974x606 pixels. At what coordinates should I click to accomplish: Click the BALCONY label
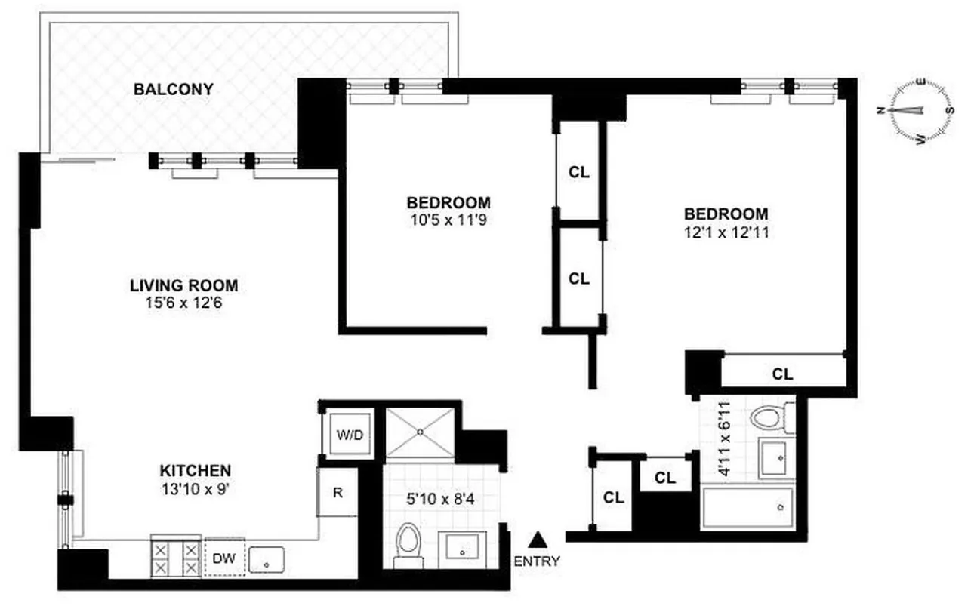pyautogui.click(x=173, y=89)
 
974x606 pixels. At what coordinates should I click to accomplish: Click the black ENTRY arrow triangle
pyautogui.click(x=537, y=539)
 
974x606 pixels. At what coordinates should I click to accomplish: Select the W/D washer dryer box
pyautogui.click(x=348, y=435)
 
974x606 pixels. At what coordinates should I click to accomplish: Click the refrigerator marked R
pyautogui.click(x=338, y=492)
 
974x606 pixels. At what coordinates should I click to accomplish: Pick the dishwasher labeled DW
pyautogui.click(x=222, y=559)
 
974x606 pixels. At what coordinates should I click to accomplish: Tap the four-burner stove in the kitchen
pyautogui.click(x=176, y=558)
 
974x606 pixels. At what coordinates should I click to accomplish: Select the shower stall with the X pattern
pyautogui.click(x=421, y=432)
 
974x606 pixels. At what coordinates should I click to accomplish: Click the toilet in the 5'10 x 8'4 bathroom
pyautogui.click(x=408, y=544)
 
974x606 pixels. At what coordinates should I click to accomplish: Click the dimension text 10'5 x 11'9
pyautogui.click(x=448, y=221)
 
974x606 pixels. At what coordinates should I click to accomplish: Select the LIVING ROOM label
pyautogui.click(x=183, y=285)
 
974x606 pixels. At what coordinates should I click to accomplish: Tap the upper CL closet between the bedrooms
pyautogui.click(x=579, y=172)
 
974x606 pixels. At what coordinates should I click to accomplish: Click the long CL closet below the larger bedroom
pyautogui.click(x=783, y=374)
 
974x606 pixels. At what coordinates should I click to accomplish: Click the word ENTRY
pyautogui.click(x=537, y=561)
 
